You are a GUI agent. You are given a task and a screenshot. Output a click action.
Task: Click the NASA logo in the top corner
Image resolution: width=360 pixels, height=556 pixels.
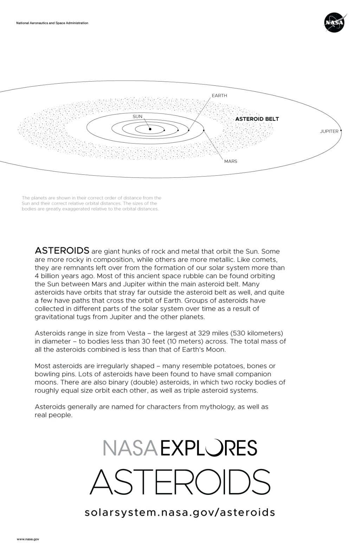click(x=334, y=23)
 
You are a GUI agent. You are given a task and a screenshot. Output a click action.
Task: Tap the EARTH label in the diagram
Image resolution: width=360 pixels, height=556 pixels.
click(x=219, y=96)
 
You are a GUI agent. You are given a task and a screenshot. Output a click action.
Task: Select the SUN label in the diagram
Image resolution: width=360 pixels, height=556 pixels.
click(x=137, y=116)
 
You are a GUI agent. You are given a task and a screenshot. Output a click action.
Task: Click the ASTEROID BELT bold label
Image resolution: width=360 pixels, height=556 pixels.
click(x=257, y=119)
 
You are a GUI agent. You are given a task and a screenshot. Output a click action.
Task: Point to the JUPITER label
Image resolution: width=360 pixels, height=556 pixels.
click(x=329, y=131)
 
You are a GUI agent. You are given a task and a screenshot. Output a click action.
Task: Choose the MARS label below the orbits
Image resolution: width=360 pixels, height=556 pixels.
click(x=231, y=161)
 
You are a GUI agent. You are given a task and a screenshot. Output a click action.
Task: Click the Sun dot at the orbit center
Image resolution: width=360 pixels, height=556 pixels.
click(x=150, y=129)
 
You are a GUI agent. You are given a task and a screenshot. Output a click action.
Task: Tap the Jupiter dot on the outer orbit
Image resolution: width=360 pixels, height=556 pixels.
click(x=341, y=131)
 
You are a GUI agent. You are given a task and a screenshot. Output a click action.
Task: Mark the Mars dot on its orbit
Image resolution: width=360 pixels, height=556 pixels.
click(x=204, y=130)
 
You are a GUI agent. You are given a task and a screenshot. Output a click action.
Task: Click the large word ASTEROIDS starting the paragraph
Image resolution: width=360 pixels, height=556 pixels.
click(x=62, y=251)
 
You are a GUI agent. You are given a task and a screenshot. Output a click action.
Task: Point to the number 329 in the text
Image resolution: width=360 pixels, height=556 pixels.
click(x=205, y=333)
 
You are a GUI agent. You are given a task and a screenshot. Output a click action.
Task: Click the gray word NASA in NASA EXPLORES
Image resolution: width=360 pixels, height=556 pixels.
click(x=130, y=448)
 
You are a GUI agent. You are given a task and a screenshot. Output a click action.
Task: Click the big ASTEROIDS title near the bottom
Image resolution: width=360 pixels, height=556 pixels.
click(x=180, y=481)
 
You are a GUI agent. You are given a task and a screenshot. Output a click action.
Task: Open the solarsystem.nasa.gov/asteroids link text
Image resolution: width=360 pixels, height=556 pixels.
click(x=180, y=512)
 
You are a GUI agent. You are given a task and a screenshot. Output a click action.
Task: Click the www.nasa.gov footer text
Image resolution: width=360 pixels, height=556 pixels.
click(x=28, y=539)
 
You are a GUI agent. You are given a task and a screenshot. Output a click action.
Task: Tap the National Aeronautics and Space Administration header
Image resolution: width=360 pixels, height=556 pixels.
click(x=52, y=23)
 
